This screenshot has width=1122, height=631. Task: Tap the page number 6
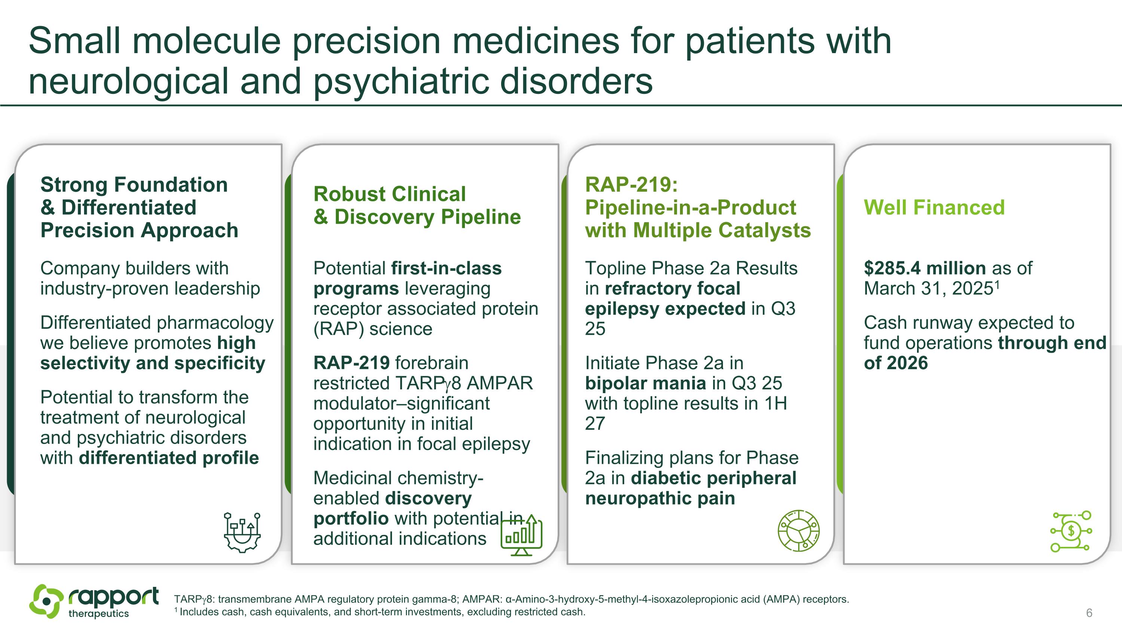coord(1089,613)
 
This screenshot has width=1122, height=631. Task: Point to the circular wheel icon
coord(798,531)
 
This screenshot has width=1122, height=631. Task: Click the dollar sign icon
coord(1071,531)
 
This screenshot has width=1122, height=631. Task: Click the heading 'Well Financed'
coord(934,207)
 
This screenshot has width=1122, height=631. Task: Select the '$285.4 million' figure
coord(924,268)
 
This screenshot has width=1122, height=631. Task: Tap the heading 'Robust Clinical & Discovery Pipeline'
coord(417,205)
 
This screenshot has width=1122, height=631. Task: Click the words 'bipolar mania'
coord(645,383)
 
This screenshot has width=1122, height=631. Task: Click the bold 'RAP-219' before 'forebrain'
coord(352,363)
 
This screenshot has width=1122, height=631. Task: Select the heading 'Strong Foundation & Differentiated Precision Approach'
coord(139,207)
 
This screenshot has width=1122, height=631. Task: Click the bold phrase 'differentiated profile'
coord(169,458)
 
